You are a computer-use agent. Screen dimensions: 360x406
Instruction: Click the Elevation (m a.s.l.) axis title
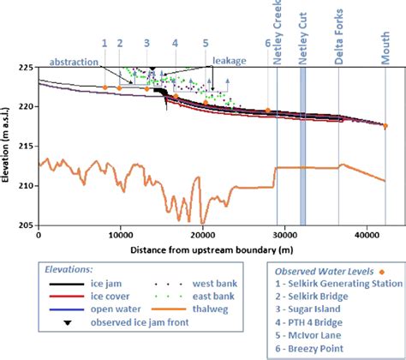7,147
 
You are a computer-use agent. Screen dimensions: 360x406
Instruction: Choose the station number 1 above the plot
104,42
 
